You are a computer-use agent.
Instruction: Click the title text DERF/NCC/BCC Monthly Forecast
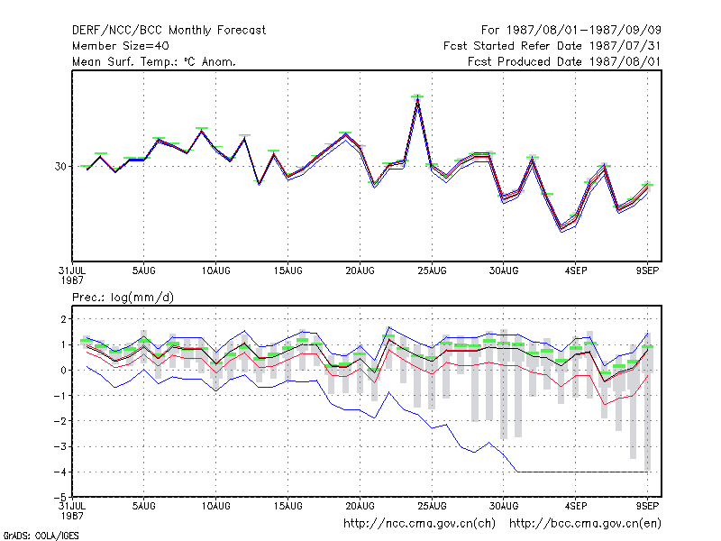[169, 31]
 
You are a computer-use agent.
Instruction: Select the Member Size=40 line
[121, 46]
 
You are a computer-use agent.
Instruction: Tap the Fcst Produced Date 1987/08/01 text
[564, 61]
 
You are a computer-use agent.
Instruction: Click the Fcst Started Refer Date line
[552, 46]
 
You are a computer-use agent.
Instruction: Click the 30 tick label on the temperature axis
[60, 167]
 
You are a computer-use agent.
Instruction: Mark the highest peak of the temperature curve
[417, 98]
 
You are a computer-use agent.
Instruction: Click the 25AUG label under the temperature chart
[432, 271]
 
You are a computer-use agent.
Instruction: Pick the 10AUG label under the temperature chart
[215, 271]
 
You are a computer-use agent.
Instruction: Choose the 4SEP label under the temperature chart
[576, 271]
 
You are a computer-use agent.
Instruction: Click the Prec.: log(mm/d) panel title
[123, 298]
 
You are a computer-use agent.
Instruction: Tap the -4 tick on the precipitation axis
[60, 472]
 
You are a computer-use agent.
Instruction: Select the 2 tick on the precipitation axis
[63, 319]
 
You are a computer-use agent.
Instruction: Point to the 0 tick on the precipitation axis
[63, 370]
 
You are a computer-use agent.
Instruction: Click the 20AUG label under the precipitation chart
[360, 506]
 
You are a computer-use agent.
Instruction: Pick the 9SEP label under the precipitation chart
[647, 506]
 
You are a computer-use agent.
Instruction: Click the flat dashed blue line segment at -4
[582, 472]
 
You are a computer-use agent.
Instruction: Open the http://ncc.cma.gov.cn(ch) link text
[419, 524]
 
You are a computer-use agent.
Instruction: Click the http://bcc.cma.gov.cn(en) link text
[585, 524]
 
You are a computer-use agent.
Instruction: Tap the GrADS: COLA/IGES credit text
[41, 536]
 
